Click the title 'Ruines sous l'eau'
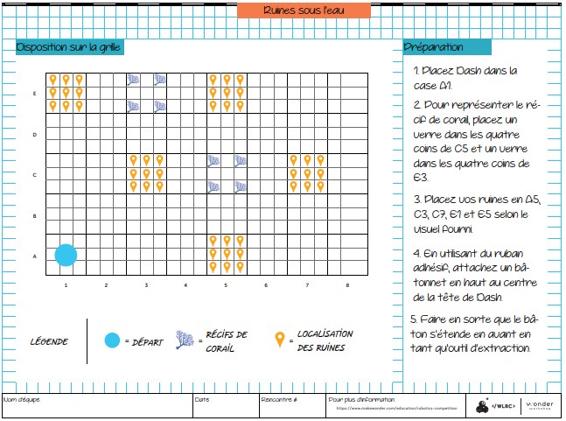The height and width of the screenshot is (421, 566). click(x=304, y=11)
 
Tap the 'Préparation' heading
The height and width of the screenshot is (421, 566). click(x=435, y=46)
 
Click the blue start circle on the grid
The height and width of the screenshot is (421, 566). click(x=66, y=255)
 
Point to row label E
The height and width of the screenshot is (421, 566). click(x=34, y=93)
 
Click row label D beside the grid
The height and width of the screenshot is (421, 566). click(x=34, y=134)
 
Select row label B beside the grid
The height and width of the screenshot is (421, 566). click(x=34, y=215)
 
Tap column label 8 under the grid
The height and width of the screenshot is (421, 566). click(x=346, y=285)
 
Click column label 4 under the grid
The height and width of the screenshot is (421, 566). click(x=185, y=285)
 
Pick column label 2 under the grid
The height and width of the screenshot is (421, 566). click(x=106, y=285)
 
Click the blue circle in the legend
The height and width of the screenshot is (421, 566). click(x=111, y=340)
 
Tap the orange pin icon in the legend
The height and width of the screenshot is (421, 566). click(x=280, y=340)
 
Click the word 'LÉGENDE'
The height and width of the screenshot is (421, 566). click(x=49, y=341)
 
